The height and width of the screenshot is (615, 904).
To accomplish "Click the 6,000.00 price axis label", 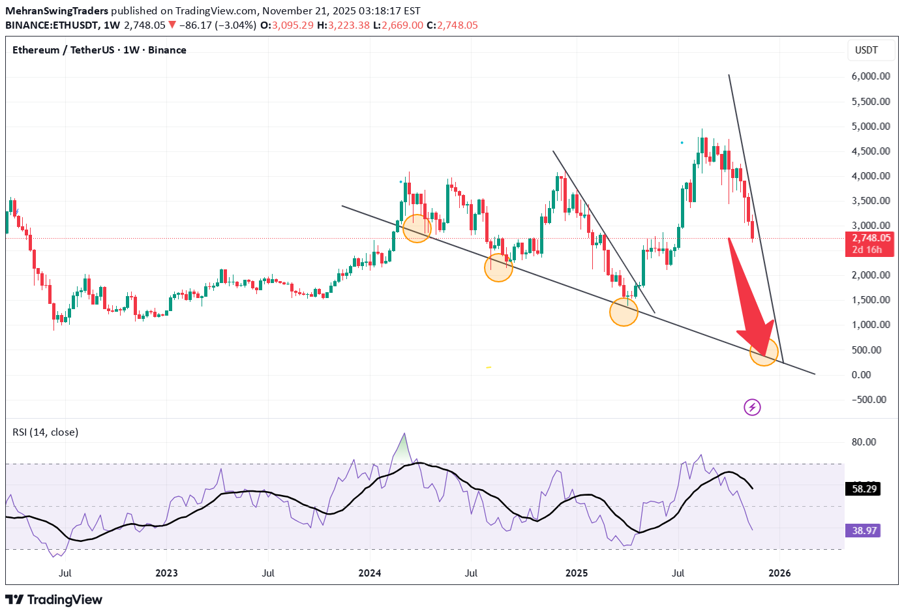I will tap(870, 76).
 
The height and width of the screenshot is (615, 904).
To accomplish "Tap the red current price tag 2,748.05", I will tap(870, 238).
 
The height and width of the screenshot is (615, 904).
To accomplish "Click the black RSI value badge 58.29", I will tap(864, 488).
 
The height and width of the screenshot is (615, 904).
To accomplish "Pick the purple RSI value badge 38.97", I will tap(864, 530).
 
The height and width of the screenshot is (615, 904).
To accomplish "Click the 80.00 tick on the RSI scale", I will tap(864, 442).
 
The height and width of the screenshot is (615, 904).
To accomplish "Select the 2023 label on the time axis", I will tap(166, 573).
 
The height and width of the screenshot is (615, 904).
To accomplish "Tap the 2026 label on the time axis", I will tap(779, 573).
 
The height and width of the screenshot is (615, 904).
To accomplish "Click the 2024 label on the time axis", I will tap(370, 573).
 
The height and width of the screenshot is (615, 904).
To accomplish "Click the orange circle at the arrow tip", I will tap(764, 352).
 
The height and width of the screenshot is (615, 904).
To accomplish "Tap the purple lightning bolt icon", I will tap(752, 408).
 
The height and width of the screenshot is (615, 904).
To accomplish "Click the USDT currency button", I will tap(866, 50).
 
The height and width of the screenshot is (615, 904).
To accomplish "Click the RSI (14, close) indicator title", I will tap(45, 432).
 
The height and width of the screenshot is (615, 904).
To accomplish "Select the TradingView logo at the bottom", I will tap(54, 599).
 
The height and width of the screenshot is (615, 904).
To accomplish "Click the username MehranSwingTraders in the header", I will tap(57, 11).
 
